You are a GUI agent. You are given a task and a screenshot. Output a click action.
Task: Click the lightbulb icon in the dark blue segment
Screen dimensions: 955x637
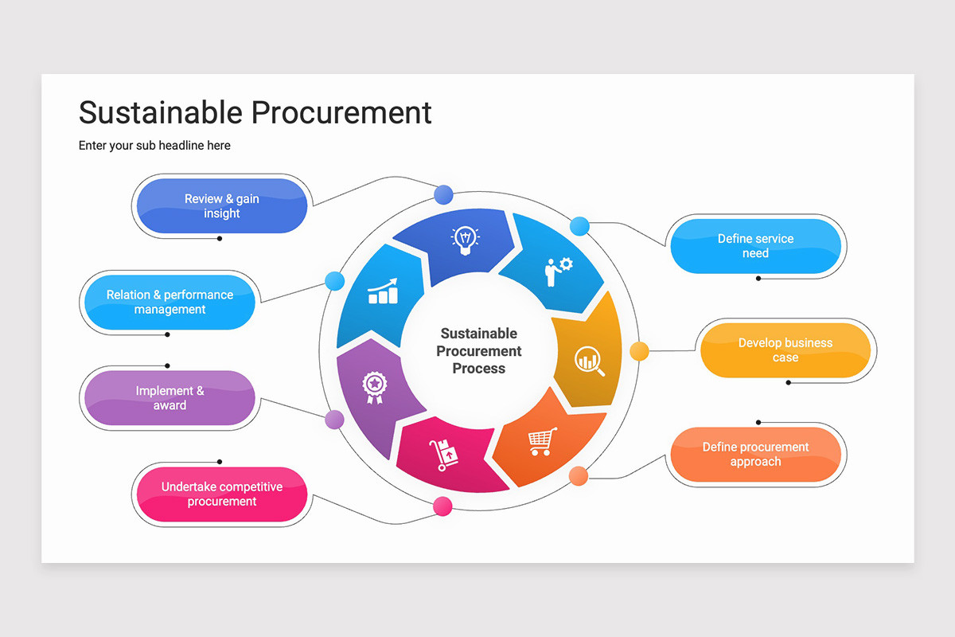coord(465,240)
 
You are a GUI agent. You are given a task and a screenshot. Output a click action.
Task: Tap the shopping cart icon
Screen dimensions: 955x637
coord(542,441)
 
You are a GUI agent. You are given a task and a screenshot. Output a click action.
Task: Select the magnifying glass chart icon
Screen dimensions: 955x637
coord(589,361)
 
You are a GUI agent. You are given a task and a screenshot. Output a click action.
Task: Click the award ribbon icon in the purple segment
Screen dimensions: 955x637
coord(374,388)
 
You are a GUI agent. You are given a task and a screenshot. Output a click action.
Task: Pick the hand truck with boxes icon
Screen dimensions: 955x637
coord(444,455)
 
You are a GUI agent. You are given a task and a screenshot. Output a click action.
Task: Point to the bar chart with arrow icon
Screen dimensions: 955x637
coord(383,291)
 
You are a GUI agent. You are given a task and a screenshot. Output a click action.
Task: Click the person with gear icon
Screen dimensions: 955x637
coord(559,272)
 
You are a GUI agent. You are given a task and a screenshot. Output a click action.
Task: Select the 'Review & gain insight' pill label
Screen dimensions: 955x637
coord(222,205)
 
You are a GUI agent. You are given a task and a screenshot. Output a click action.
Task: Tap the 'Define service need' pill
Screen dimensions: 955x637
coord(755,246)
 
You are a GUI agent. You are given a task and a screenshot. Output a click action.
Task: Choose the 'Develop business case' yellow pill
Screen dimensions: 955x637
coord(785,350)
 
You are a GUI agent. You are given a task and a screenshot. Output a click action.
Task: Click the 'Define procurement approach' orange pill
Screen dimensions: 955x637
coord(755,454)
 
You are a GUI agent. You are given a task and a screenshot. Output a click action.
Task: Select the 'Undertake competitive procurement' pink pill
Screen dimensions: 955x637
coord(222,494)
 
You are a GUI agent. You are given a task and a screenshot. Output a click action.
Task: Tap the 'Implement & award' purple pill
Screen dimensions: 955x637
coord(170,397)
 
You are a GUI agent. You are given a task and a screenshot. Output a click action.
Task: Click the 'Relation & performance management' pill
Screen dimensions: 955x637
coord(170,302)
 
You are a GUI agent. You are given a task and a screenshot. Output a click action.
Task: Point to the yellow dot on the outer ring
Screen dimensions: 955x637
coord(639,351)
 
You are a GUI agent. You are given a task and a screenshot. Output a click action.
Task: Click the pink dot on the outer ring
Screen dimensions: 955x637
coord(442,506)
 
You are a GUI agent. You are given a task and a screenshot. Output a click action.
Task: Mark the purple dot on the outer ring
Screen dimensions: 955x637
coord(335,420)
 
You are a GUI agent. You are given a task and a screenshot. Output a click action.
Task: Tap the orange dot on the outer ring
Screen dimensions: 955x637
coord(579,476)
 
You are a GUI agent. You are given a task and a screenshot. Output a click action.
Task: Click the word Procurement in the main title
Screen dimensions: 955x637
coord(341,112)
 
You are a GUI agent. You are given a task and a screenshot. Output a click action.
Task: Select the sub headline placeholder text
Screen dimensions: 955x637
coord(154,146)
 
